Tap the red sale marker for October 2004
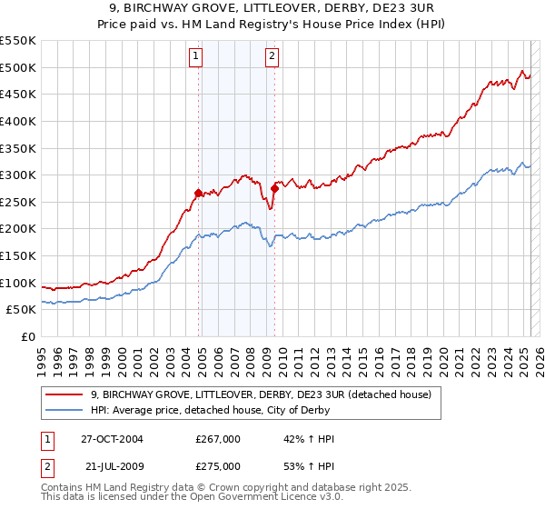[198, 193]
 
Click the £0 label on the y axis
[27, 336]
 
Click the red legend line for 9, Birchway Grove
[64, 394]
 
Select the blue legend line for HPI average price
[64, 410]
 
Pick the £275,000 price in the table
[218, 465]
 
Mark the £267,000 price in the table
[218, 439]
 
